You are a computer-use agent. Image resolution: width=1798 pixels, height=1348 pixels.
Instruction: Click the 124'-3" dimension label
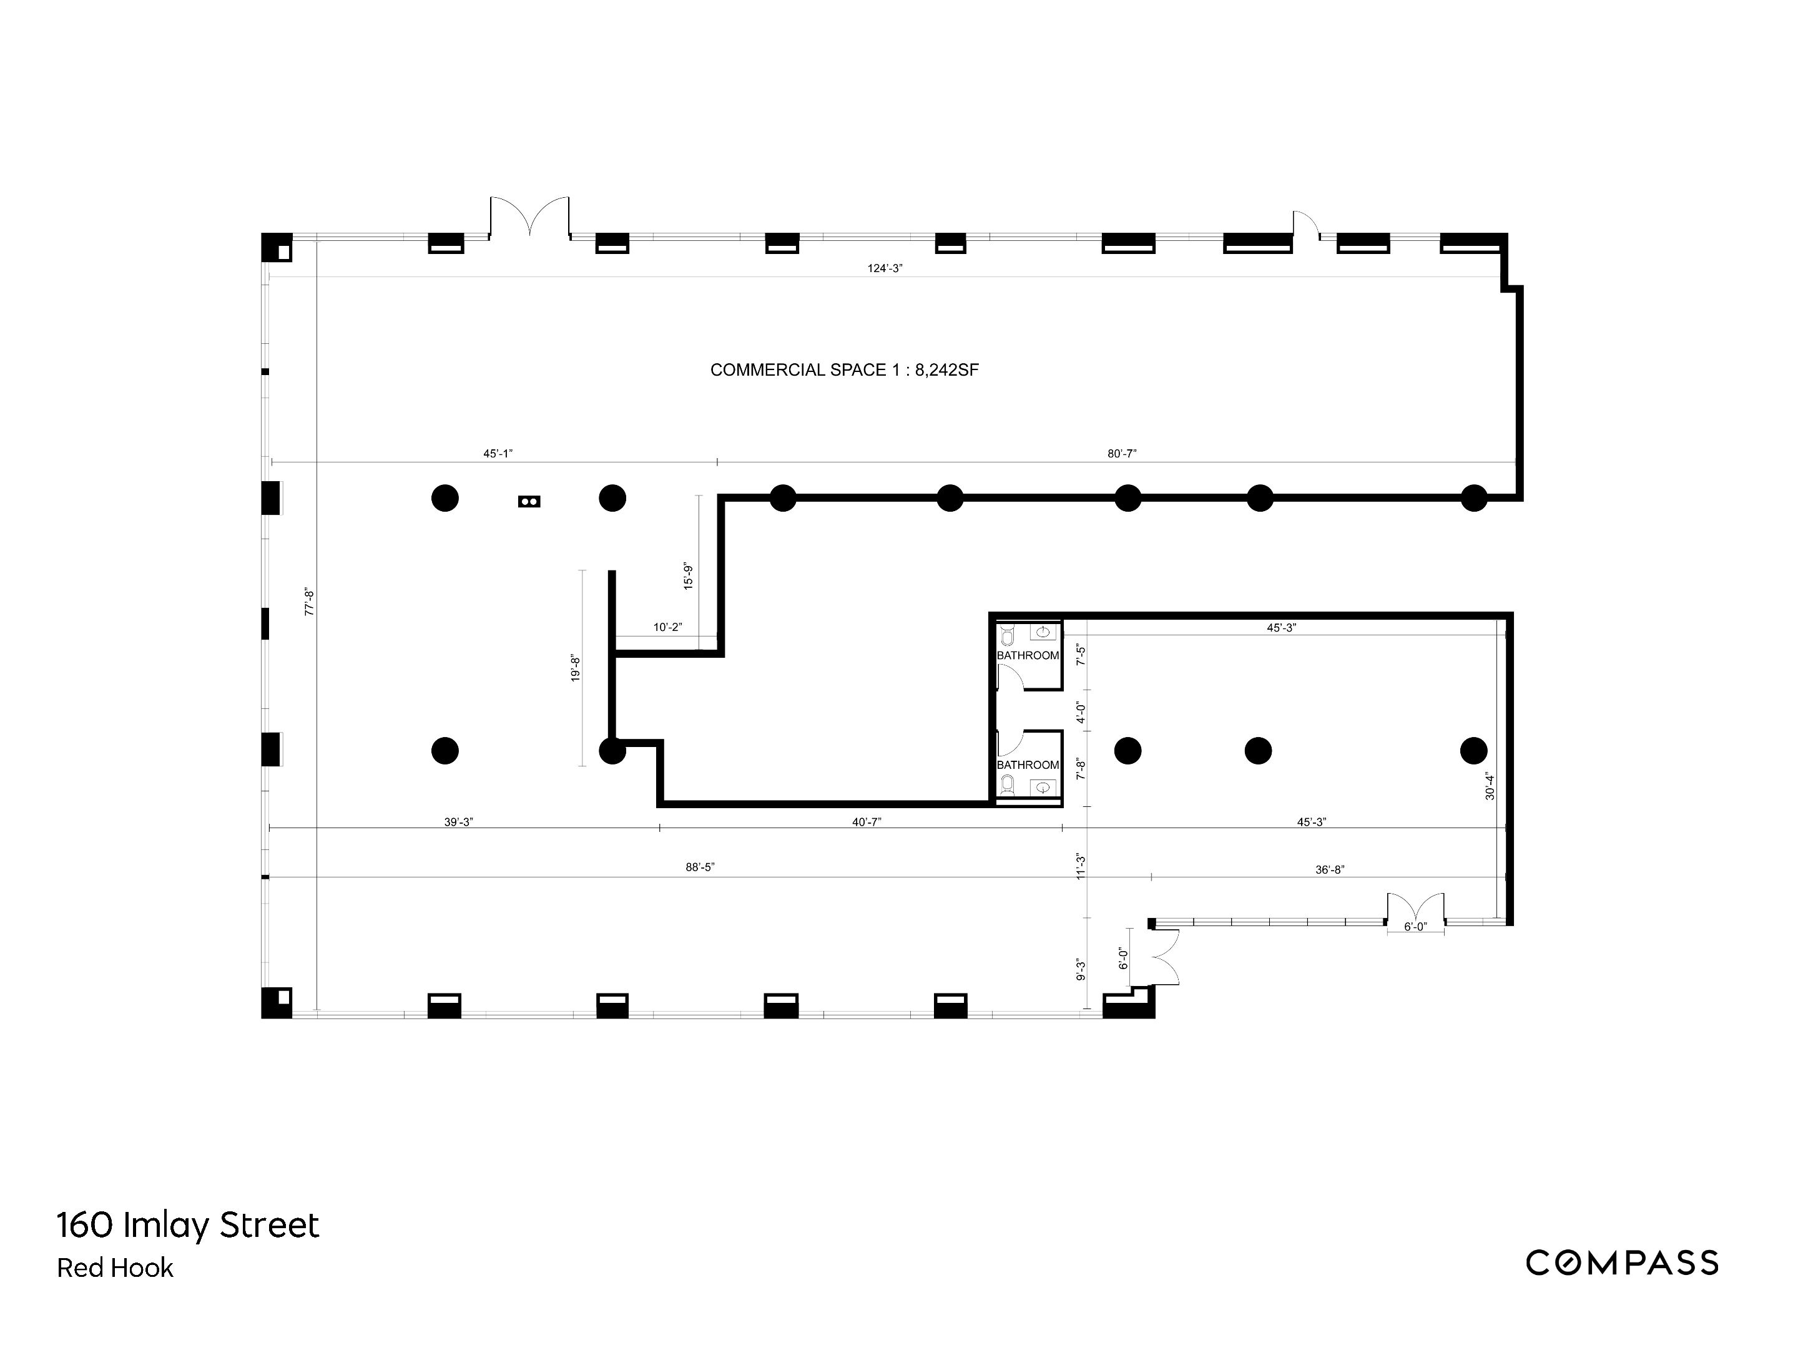click(x=885, y=268)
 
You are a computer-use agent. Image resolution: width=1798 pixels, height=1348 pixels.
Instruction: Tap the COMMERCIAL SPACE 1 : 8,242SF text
click(x=843, y=371)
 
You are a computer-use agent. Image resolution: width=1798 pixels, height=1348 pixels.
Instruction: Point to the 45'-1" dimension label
click(x=498, y=454)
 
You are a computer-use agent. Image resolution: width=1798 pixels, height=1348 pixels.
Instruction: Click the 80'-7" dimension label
click(x=1122, y=454)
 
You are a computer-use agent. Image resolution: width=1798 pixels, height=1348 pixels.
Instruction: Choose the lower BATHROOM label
click(x=1028, y=764)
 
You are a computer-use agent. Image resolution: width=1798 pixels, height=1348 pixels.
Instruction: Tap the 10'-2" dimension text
click(x=667, y=627)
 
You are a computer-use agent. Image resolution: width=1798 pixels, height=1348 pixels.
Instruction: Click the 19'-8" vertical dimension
click(x=576, y=668)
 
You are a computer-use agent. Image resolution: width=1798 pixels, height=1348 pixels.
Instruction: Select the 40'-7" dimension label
click(x=867, y=823)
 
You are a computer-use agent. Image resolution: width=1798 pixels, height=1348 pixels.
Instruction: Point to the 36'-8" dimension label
click(x=1330, y=869)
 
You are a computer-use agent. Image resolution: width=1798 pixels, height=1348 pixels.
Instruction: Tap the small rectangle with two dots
click(x=529, y=501)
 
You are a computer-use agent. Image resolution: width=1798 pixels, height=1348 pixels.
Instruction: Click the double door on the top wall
click(x=529, y=218)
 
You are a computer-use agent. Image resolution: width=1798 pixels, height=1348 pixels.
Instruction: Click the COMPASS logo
click(x=1621, y=1263)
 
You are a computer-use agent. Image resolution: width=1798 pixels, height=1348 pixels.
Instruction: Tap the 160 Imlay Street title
click(x=189, y=1225)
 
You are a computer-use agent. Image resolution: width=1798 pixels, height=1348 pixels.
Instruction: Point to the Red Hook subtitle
click(x=115, y=1268)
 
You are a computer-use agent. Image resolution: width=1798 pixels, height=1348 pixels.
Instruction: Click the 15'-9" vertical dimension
click(x=689, y=575)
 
